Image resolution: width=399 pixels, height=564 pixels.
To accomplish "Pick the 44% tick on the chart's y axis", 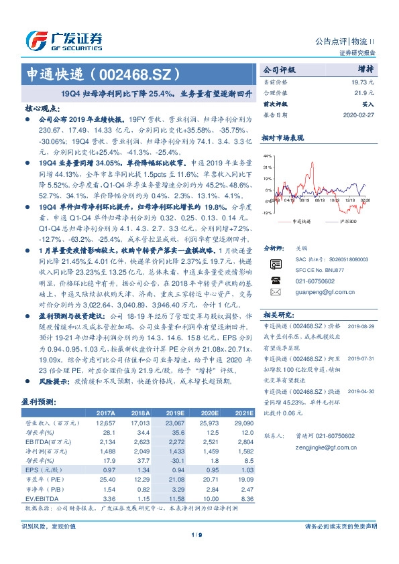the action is (268, 155).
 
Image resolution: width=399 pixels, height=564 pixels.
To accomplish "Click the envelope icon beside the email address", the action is (274, 292).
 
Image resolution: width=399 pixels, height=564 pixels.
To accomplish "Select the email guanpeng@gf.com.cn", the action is (316, 292).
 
